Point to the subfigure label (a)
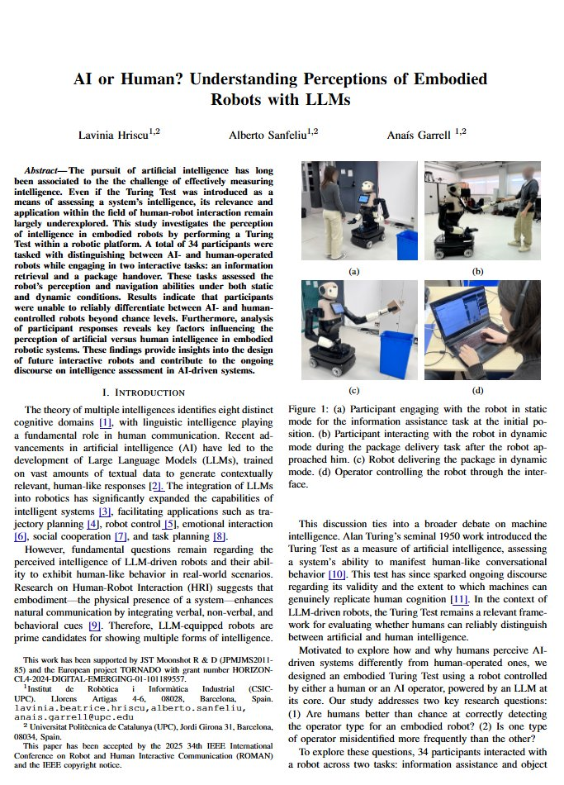(x=355, y=271)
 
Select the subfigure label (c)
(x=355, y=390)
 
